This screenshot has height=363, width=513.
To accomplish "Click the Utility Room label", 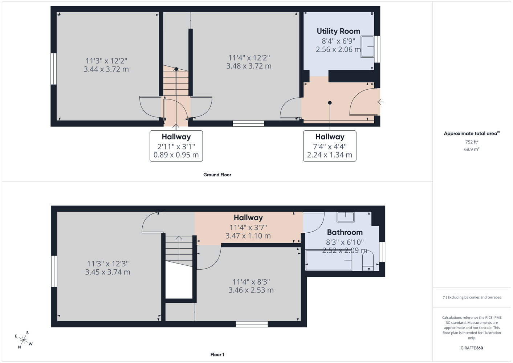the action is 338,31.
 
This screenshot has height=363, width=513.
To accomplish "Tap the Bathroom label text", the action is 345,232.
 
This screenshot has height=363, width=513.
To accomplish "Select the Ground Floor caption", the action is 217,175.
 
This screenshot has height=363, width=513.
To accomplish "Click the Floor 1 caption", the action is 217,355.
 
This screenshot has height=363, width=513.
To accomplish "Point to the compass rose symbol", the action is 23,340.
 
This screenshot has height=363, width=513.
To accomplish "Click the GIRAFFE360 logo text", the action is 472,348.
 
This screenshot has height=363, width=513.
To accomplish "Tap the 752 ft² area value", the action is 472,142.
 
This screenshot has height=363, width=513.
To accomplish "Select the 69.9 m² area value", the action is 472,149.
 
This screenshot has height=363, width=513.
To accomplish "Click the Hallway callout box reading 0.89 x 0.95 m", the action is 176,146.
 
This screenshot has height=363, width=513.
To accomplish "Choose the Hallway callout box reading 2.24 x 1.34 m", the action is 330,146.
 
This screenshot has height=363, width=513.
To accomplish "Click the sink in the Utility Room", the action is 367,46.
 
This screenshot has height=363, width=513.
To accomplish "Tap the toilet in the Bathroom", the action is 368,261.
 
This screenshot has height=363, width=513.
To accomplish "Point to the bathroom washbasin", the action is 345,217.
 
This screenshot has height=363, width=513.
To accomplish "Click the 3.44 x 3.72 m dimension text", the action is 106,69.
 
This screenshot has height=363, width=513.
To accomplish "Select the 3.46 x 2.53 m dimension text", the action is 251,290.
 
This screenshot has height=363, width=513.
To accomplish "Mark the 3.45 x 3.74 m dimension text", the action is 107,272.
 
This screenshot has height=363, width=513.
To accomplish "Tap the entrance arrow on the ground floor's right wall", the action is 380,102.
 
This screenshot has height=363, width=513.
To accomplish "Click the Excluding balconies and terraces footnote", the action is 472,297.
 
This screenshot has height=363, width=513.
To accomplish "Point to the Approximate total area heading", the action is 472,133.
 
